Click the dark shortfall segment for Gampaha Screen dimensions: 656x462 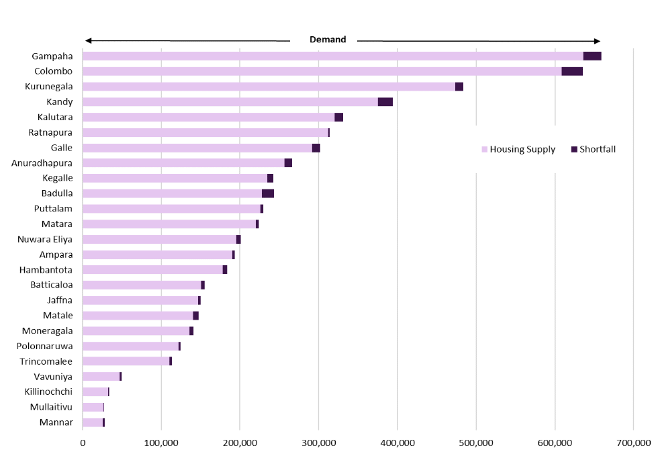[x=592, y=56]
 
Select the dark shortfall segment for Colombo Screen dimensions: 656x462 [x=572, y=71]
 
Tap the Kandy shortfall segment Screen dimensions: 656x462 [x=385, y=101]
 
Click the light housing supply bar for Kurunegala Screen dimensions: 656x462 [x=269, y=87]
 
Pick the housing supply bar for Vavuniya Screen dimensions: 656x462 [x=101, y=377]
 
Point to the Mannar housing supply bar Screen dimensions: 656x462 [x=93, y=422]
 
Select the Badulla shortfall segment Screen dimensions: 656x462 [x=268, y=193]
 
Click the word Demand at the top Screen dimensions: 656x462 [x=328, y=40]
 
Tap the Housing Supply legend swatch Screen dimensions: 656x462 [x=485, y=149]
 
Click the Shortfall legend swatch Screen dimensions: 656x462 [x=574, y=149]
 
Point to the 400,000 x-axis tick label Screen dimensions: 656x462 [x=397, y=443]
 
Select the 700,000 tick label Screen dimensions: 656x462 [x=633, y=443]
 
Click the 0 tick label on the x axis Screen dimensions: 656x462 [x=83, y=443]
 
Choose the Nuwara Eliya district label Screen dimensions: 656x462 [x=45, y=239]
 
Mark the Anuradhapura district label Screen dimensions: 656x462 [x=42, y=163]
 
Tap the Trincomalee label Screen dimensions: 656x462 [x=46, y=361]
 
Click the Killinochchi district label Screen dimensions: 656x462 [x=48, y=391]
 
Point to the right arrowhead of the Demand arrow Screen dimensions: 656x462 [x=598, y=41]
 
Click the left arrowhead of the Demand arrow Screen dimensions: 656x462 [x=88, y=40]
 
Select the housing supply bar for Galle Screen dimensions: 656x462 [x=197, y=148]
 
